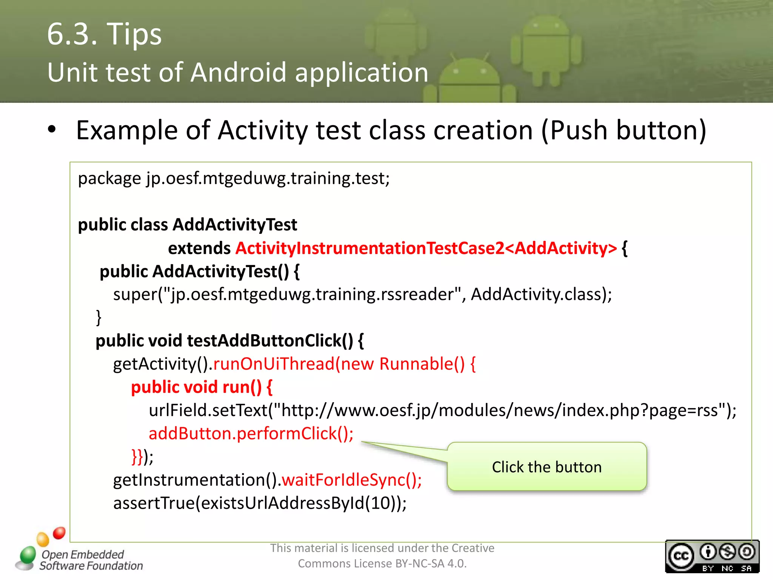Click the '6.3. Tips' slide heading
[x=104, y=34]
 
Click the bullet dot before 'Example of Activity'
[x=52, y=130]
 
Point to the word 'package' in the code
[x=109, y=178]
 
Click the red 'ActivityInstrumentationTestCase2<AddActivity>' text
[x=426, y=248]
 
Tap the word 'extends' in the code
[x=199, y=248]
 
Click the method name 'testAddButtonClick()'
[x=270, y=341]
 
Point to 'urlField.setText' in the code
[x=208, y=410]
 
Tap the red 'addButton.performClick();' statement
[x=251, y=433]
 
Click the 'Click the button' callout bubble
[x=547, y=467]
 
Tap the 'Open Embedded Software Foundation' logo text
[x=91, y=560]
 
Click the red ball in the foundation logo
[x=59, y=533]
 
